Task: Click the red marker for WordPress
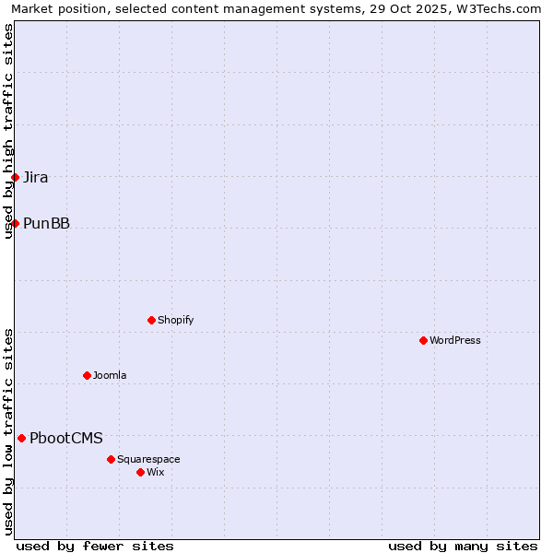423,340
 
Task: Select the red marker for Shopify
151,320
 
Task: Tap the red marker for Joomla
87,375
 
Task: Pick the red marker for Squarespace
111,459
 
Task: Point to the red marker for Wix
140,472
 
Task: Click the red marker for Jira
15,177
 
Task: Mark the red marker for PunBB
15,223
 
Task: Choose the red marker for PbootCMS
21,438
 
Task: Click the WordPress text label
455,340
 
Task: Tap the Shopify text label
176,320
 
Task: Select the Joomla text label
110,375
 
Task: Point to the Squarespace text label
148,459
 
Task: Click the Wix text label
156,472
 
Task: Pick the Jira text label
36,177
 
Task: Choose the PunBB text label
46,223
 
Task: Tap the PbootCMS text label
66,438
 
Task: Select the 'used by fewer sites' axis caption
95,546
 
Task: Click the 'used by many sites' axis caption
463,546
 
